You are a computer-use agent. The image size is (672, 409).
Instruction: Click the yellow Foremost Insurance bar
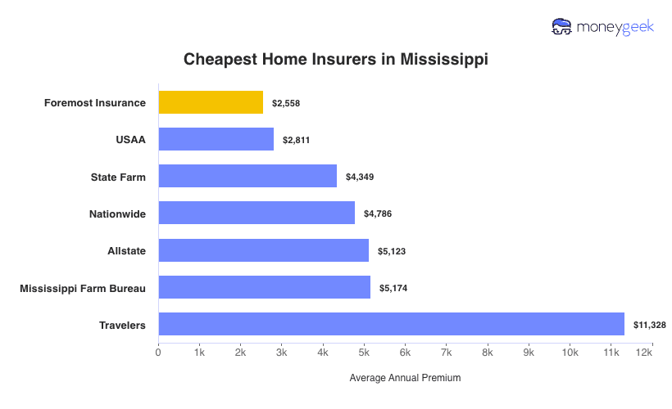tap(211, 102)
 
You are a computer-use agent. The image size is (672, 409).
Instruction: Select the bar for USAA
tap(216, 139)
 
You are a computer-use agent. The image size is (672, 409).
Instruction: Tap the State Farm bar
tap(247, 176)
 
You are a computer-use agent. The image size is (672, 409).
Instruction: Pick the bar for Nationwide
tap(257, 213)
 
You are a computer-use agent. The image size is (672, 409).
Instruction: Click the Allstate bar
tap(263, 250)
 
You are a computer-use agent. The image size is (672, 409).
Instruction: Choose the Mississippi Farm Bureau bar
tap(264, 287)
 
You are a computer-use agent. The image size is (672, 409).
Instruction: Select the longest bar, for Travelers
tap(391, 324)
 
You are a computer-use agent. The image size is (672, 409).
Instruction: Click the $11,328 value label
tap(649, 325)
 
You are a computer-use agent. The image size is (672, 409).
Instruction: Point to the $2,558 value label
tap(286, 103)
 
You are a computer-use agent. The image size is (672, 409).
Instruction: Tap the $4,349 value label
tap(359, 177)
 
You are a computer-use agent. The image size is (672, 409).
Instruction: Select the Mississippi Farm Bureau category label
tap(83, 288)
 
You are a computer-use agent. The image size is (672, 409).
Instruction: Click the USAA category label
tap(131, 140)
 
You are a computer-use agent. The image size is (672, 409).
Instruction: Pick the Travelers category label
tap(122, 325)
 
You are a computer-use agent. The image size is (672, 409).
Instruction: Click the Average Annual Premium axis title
tap(405, 378)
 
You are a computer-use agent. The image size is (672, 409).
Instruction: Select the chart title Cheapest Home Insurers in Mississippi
tap(335, 60)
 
